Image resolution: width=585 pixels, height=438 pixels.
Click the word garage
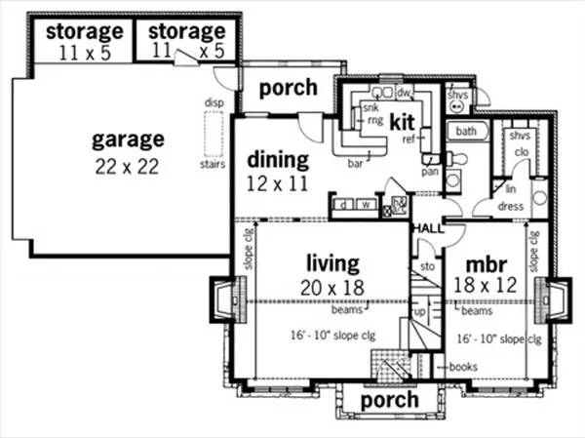click(128, 139)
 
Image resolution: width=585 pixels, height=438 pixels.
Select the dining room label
click(277, 159)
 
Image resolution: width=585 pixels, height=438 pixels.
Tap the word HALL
click(427, 227)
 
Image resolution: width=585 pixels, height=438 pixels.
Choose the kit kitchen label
click(404, 123)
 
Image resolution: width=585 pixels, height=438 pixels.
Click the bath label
click(467, 131)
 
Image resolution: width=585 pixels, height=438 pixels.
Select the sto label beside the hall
click(426, 264)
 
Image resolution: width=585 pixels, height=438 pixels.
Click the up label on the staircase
click(419, 312)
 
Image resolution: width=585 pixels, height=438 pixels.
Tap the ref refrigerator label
click(409, 139)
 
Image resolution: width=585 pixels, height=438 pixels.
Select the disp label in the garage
click(214, 101)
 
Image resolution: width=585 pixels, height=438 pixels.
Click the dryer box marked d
click(343, 205)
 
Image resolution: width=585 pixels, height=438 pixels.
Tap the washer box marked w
click(365, 205)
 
